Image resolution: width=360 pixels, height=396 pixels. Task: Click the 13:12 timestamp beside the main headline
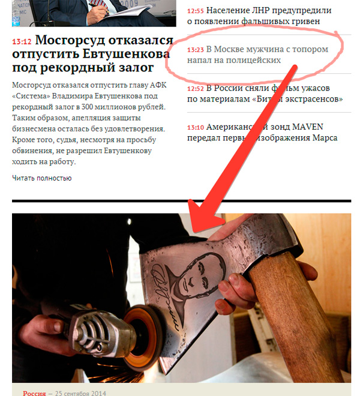coord(22,41)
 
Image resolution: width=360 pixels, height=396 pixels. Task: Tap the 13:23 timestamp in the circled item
coord(195,50)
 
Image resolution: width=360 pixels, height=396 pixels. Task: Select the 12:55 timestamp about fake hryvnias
coord(195,11)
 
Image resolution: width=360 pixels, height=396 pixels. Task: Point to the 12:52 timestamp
coord(195,89)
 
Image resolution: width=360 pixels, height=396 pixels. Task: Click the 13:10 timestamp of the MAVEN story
coord(195,127)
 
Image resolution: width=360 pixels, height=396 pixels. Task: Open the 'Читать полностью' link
coord(41,178)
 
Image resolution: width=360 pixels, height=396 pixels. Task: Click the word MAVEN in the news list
coord(307,127)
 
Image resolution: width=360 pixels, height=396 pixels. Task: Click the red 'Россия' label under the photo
coord(34,393)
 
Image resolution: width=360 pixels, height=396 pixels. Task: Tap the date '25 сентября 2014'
coord(80,393)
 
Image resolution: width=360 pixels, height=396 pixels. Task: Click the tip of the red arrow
coord(194,232)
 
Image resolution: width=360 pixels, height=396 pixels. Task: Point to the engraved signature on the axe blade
coord(164,298)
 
